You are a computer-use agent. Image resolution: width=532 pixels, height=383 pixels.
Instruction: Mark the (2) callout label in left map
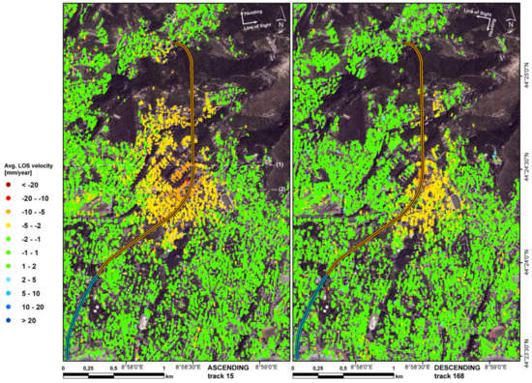281,189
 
